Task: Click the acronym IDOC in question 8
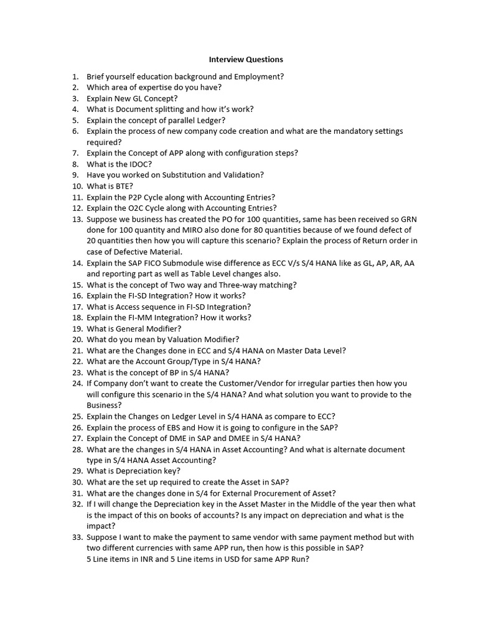[x=139, y=164]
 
